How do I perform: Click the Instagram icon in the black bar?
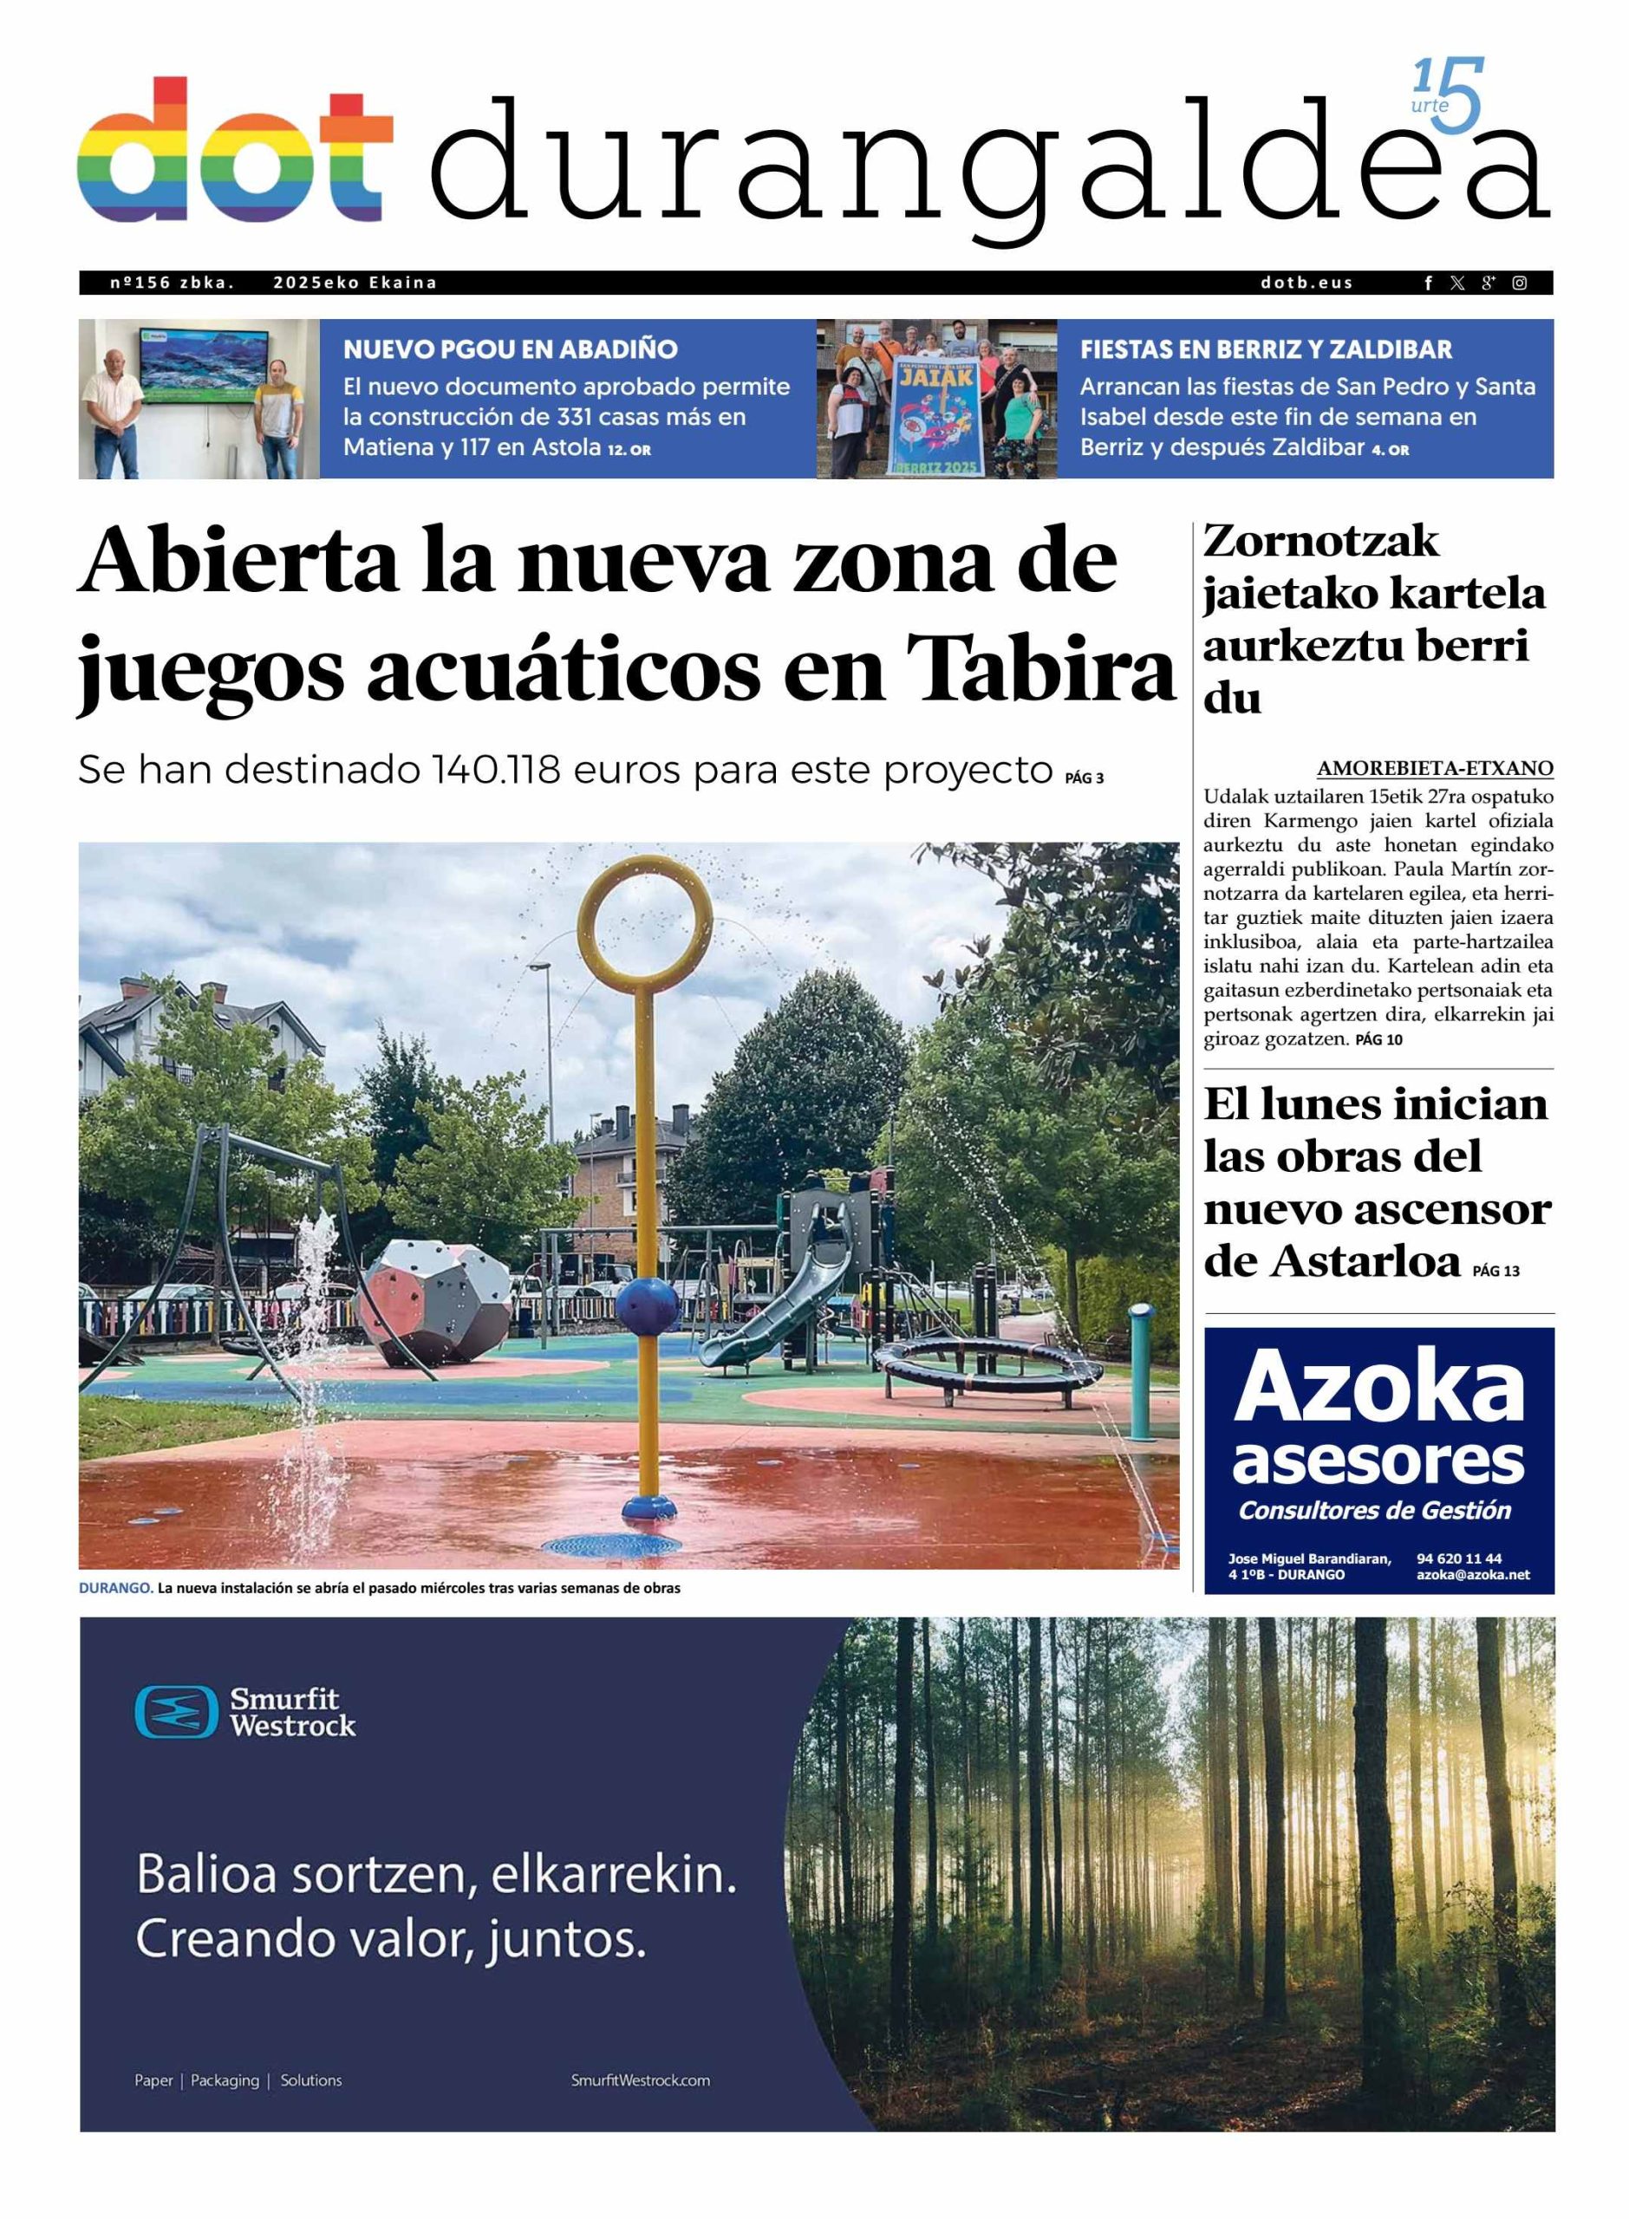pyautogui.click(x=1520, y=283)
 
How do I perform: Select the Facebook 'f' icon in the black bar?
pyautogui.click(x=1428, y=283)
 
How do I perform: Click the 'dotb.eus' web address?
pyautogui.click(x=1306, y=283)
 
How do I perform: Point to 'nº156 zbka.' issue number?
pyautogui.click(x=172, y=283)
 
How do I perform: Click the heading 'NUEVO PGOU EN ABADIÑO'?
pyautogui.click(x=510, y=349)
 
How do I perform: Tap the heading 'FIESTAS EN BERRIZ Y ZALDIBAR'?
pyautogui.click(x=1265, y=349)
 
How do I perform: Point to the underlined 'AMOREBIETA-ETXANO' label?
pyautogui.click(x=1435, y=768)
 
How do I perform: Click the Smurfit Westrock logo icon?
pyautogui.click(x=175, y=1711)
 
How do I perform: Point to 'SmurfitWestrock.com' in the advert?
pyautogui.click(x=640, y=2080)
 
